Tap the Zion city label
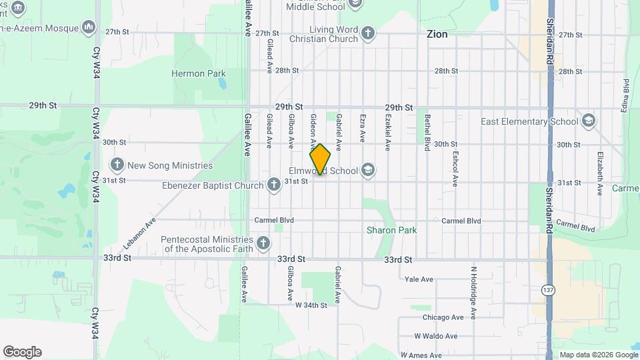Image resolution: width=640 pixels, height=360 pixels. click(437, 34)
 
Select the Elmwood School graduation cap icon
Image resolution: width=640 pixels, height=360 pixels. click(368, 171)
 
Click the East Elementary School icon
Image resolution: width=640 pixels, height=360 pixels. click(588, 121)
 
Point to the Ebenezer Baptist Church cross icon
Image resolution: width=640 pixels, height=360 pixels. click(273, 185)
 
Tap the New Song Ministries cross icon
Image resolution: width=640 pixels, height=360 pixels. click(117, 165)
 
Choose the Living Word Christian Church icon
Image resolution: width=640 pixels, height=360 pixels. click(367, 33)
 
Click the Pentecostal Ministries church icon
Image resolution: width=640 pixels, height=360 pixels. click(263, 243)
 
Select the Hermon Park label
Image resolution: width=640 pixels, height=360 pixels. click(199, 73)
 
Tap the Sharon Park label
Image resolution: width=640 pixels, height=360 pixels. click(391, 230)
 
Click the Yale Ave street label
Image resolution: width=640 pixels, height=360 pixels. click(419, 279)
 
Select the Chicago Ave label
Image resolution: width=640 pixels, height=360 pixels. click(443, 317)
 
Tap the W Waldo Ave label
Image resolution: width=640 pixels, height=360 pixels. click(435, 336)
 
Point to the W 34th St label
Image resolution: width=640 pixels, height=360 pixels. click(311, 305)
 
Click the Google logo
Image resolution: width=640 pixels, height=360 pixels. click(22, 352)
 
